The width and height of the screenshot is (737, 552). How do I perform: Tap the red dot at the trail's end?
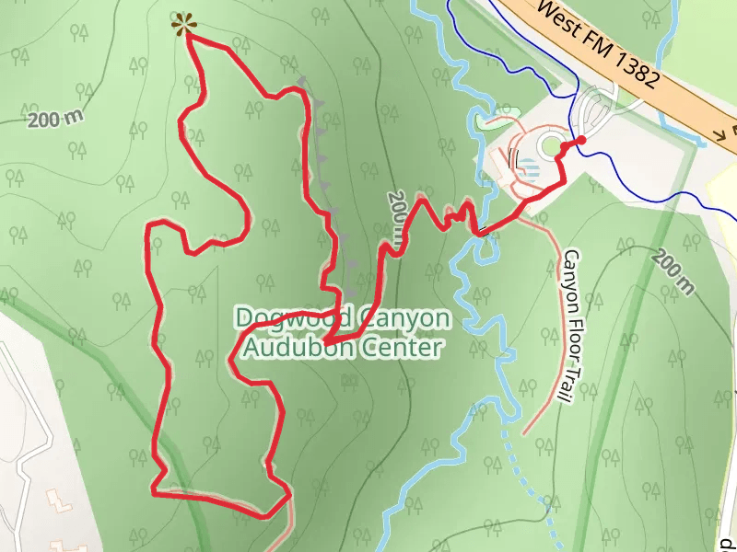(581, 140)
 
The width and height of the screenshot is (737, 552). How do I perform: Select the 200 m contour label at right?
(672, 272)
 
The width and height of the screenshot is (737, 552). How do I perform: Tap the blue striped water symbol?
(529, 167)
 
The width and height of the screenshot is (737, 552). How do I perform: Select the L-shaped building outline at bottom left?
(61, 502)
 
